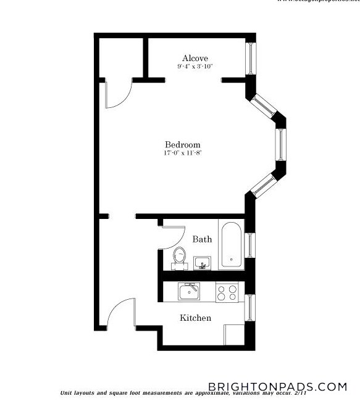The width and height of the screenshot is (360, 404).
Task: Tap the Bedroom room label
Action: (182, 145)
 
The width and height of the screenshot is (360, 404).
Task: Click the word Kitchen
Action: (195, 318)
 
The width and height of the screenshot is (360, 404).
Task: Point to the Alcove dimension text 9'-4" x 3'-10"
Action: (195, 66)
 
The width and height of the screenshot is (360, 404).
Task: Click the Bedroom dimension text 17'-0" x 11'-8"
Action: (182, 153)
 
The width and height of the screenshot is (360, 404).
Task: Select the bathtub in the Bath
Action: (232, 244)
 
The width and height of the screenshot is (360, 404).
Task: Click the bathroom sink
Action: (202, 263)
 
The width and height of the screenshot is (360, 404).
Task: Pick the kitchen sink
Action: (189, 291)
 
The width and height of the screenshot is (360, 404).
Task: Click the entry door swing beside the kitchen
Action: (121, 313)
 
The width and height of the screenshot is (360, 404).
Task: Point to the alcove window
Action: (251, 59)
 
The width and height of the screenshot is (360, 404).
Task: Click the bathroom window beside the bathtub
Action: (250, 244)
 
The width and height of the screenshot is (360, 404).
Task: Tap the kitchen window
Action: (250, 307)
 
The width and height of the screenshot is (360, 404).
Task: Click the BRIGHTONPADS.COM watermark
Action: (277, 387)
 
